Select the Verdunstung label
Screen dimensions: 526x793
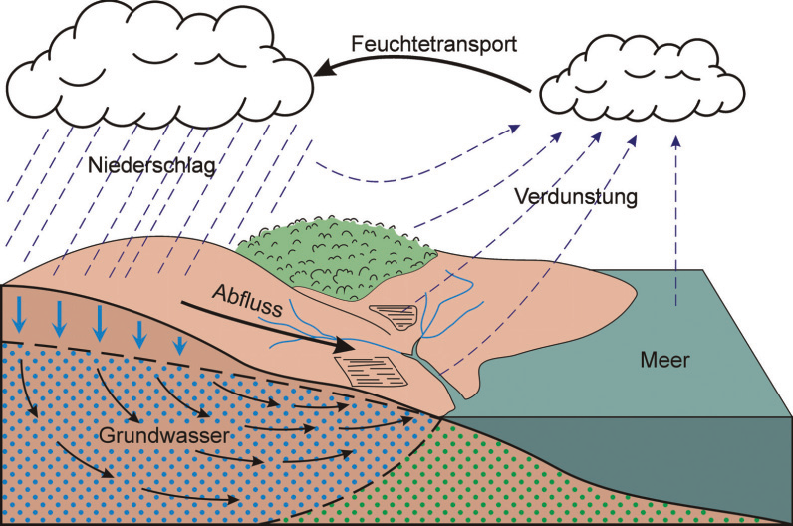click(577, 196)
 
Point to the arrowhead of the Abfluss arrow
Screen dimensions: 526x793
click(344, 347)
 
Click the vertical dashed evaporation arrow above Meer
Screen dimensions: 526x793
click(676, 219)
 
